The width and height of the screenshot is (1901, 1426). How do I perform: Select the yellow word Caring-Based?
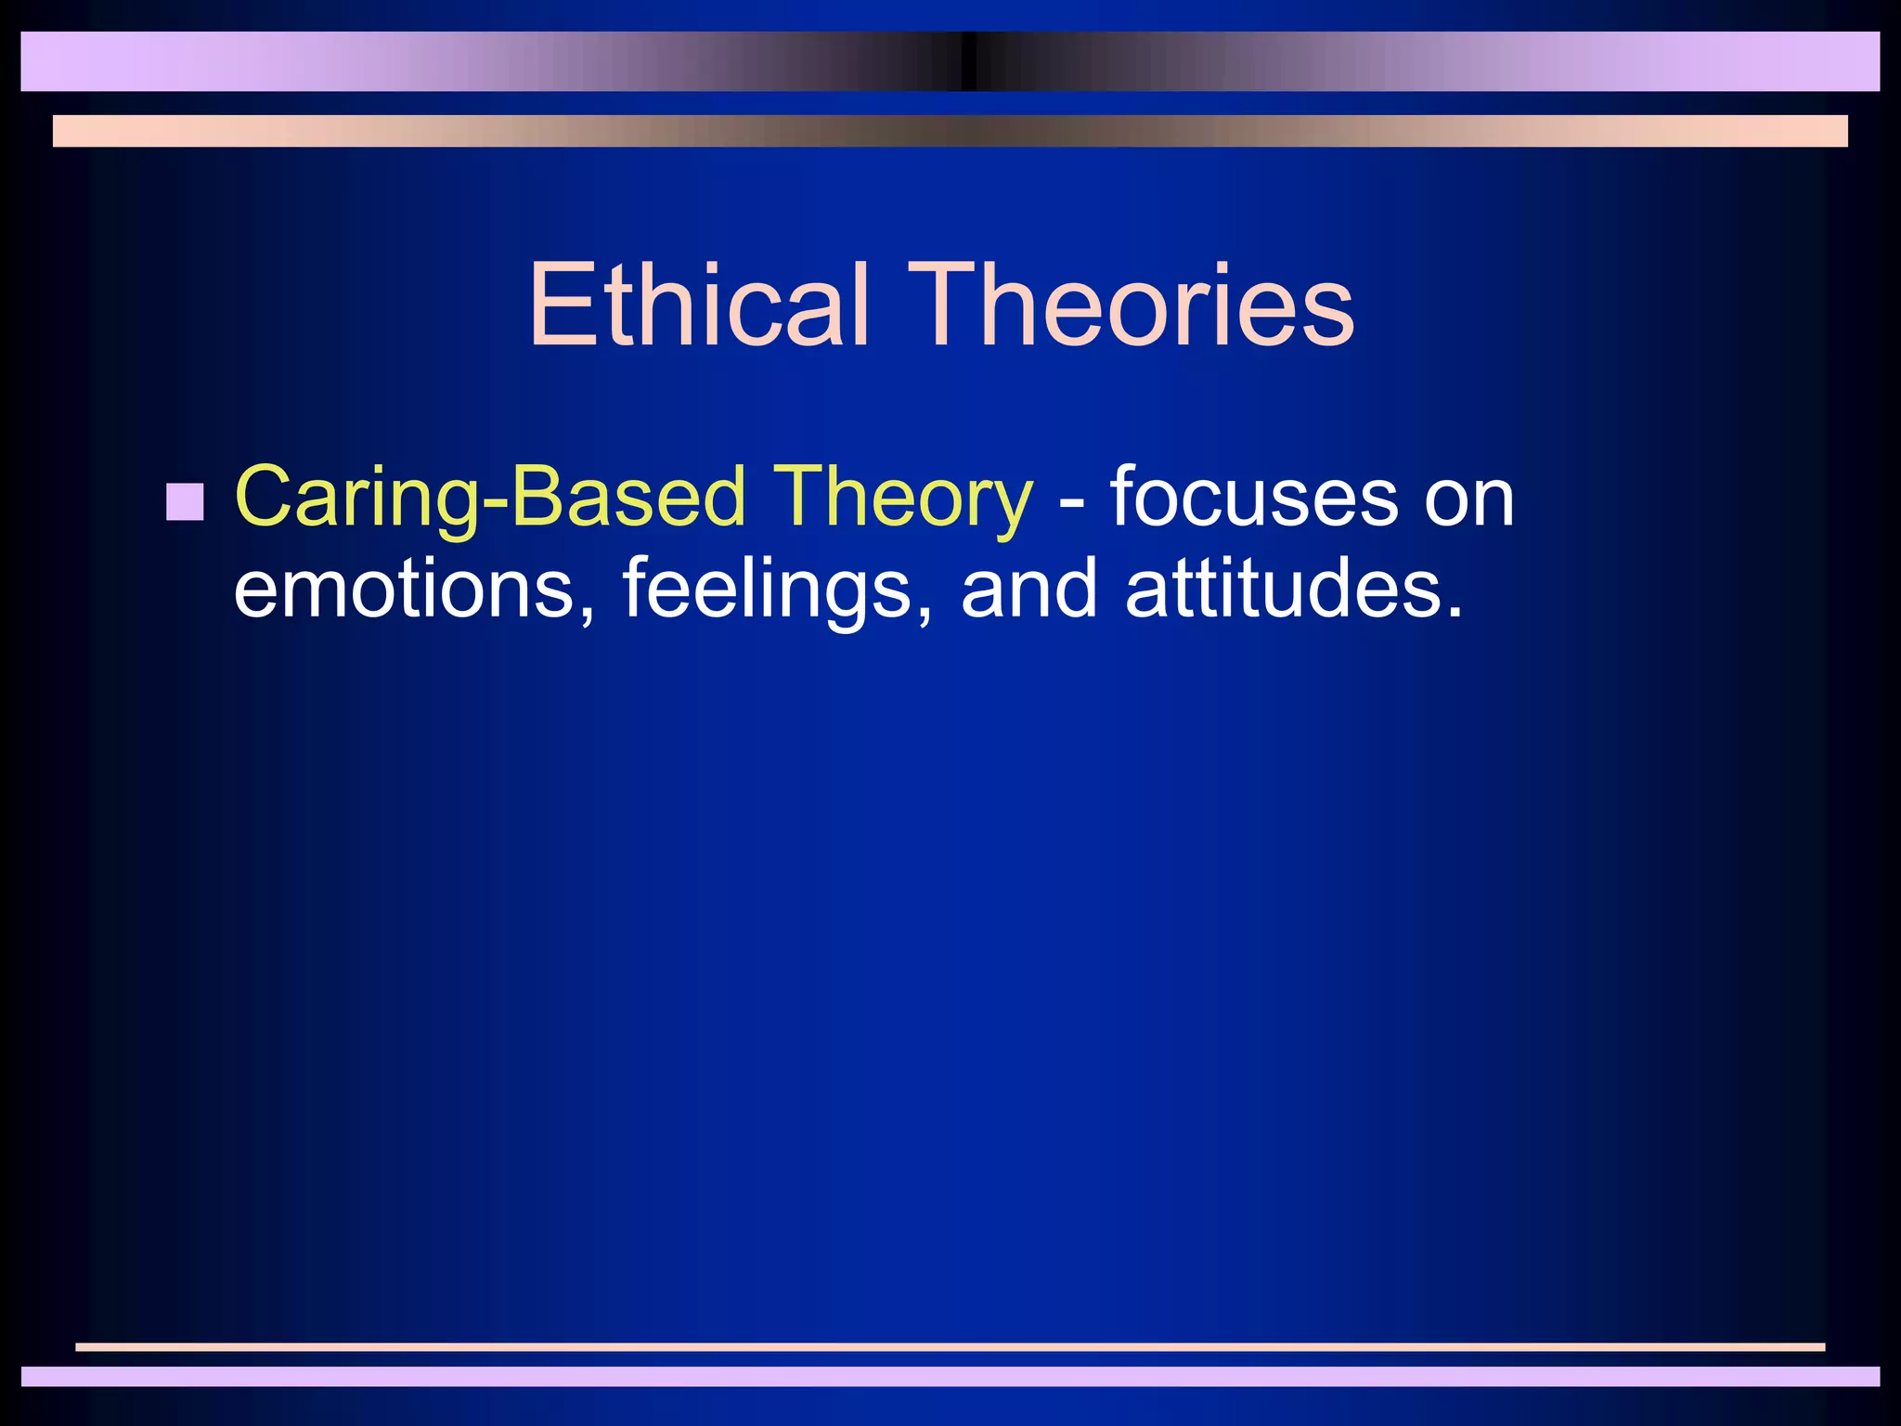pyautogui.click(x=490, y=499)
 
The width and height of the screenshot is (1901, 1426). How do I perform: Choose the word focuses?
pyautogui.click(x=1253, y=499)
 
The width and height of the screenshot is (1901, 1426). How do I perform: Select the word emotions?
pyautogui.click(x=405, y=590)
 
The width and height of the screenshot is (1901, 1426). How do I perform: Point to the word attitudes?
pyautogui.click(x=1281, y=589)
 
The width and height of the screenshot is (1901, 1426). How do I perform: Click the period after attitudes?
pyautogui.click(x=1453, y=613)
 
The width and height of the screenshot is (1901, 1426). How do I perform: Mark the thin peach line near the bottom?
pyautogui.click(x=950, y=1347)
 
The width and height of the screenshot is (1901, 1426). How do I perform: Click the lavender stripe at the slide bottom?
pyautogui.click(x=950, y=1376)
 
